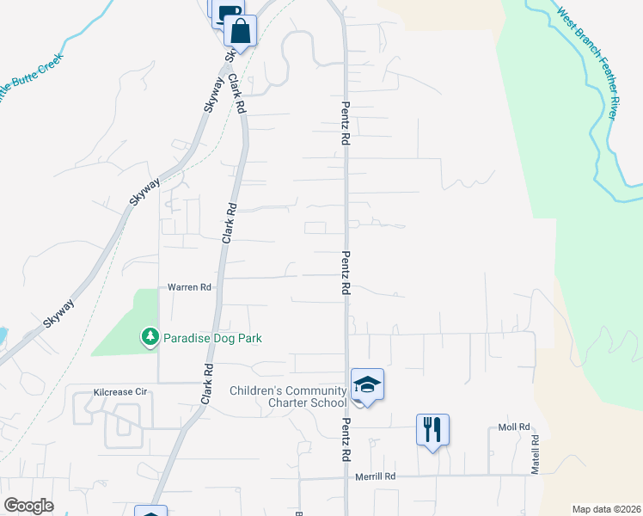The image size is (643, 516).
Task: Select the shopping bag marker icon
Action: point(241,30)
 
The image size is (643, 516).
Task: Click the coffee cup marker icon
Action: point(227,12)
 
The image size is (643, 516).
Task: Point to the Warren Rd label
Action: point(189,286)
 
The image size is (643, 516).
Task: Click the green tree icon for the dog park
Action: point(151,338)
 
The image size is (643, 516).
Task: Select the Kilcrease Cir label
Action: point(121,392)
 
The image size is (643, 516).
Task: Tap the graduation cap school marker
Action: point(367,384)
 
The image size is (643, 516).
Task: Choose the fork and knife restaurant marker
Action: point(432,428)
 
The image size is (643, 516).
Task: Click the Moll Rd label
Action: point(514,428)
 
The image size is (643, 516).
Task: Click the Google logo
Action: point(28,506)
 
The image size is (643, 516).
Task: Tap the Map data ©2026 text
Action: point(606,509)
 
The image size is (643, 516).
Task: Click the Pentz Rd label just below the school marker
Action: point(346,439)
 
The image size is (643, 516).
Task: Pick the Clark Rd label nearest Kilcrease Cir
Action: point(206,384)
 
